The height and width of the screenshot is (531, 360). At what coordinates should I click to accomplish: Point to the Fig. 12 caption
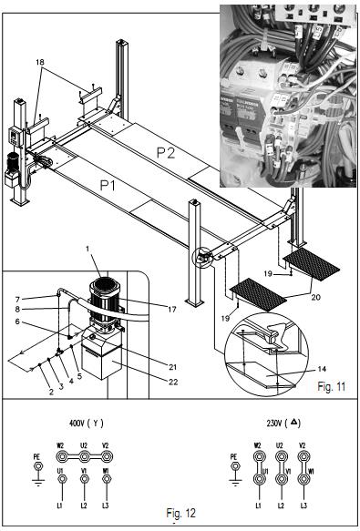[x=180, y=513]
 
